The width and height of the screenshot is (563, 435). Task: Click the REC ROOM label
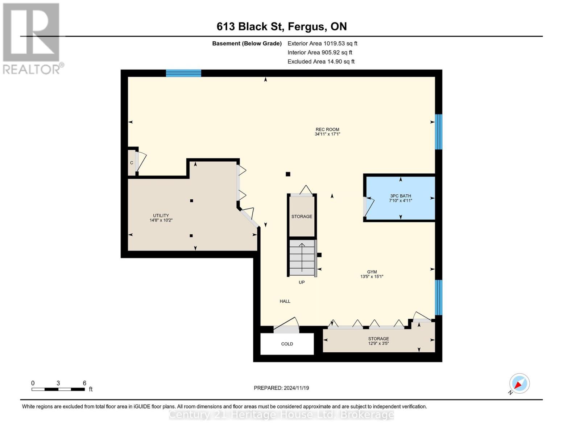tap(327, 129)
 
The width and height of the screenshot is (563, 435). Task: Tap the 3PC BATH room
tap(400, 198)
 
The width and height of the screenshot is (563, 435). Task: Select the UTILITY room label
tap(161, 215)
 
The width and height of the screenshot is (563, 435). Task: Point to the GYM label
tap(372, 272)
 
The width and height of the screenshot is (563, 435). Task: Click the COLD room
tap(287, 344)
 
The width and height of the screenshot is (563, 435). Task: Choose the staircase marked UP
tap(302, 258)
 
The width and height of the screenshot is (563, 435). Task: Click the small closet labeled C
tap(132, 163)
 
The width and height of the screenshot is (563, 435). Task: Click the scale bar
tap(58, 389)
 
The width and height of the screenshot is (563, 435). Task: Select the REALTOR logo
tap(32, 38)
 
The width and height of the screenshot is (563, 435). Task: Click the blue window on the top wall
tap(183, 73)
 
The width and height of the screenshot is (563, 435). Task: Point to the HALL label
tap(285, 301)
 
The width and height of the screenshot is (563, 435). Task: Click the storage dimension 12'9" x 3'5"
tap(378, 343)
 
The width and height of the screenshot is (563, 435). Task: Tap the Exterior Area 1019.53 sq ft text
tap(322, 43)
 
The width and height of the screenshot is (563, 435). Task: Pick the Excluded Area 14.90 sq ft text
tap(321, 62)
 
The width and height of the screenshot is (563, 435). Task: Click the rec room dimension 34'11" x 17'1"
tap(327, 134)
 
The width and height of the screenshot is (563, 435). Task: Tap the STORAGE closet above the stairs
tap(302, 216)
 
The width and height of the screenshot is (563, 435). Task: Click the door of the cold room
tap(286, 329)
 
